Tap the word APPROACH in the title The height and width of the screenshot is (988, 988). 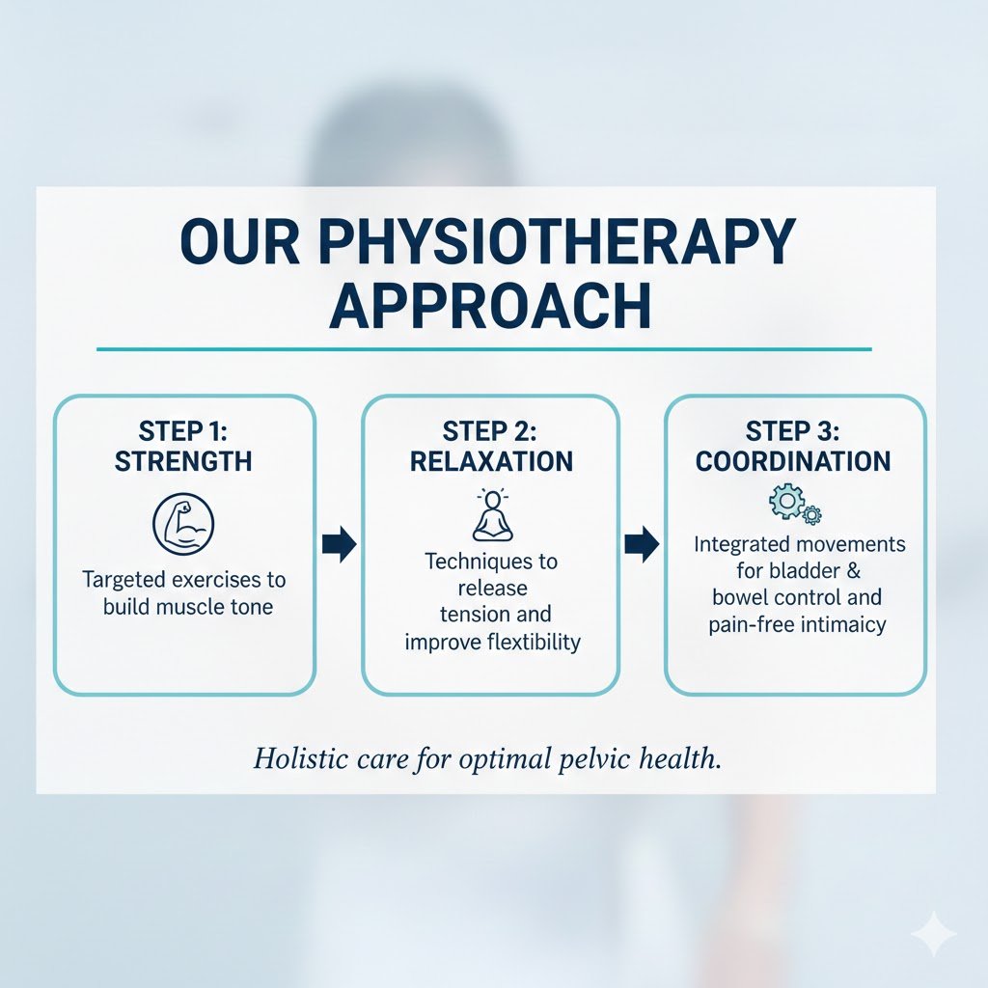[490, 306]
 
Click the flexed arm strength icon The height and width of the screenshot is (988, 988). [183, 524]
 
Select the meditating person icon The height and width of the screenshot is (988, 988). [493, 515]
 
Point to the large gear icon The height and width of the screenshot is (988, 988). [786, 501]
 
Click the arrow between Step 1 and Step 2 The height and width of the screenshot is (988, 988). [339, 544]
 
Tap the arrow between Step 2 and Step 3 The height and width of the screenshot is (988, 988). [642, 544]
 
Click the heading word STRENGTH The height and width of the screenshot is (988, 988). [183, 461]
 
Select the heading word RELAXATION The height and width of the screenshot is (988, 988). [491, 461]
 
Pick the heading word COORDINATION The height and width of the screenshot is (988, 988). [793, 461]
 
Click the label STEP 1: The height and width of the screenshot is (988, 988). [182, 431]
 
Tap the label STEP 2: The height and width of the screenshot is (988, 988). [489, 431]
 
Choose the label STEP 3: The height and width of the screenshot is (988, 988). [793, 431]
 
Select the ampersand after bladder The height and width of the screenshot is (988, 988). [853, 571]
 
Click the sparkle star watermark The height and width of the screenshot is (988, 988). [934, 934]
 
